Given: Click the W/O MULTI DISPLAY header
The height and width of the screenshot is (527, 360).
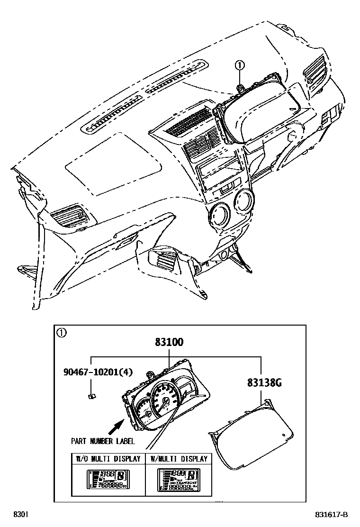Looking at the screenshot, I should [108, 459].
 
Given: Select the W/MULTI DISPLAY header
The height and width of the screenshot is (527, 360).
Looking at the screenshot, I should [179, 459].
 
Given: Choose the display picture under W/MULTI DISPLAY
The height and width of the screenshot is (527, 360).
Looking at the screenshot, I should [179, 479].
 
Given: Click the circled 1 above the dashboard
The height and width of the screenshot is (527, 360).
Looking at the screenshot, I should [240, 65].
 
